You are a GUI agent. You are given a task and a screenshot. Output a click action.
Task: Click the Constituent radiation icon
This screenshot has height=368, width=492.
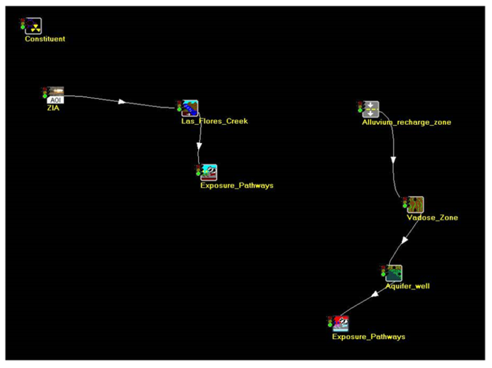(x=33, y=26)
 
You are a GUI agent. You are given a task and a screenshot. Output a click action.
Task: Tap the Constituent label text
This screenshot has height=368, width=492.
(x=45, y=39)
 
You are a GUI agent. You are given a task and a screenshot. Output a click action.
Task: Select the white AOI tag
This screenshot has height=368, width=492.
(x=56, y=100)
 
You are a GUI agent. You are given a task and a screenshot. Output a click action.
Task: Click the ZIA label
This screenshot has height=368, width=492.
(x=52, y=108)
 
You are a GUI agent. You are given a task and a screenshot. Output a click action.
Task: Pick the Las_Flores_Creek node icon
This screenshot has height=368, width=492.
(x=190, y=108)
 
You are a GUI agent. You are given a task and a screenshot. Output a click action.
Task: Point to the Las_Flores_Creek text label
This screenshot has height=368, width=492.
(x=215, y=121)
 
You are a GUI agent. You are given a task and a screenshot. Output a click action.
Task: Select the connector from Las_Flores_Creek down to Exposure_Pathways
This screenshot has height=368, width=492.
(x=199, y=141)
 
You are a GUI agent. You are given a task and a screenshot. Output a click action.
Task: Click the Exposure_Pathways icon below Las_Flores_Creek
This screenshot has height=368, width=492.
(x=209, y=172)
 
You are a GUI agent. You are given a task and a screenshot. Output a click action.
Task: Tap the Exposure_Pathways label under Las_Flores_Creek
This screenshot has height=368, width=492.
(x=237, y=186)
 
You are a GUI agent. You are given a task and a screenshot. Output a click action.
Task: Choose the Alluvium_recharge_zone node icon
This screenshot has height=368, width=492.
(x=371, y=109)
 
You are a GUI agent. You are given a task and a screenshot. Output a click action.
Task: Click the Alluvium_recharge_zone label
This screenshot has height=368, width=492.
(x=407, y=122)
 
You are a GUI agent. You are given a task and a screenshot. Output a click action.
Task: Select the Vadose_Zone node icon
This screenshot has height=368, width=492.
(x=415, y=204)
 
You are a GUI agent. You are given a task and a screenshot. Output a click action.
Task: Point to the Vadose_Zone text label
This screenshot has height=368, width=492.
(x=432, y=218)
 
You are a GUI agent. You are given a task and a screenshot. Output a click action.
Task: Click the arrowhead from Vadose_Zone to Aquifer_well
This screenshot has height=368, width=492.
(x=405, y=240)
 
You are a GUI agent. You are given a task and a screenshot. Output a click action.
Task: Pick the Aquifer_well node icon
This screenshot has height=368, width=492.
(x=394, y=273)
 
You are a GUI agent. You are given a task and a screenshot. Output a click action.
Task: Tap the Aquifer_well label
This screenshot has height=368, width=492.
(x=407, y=286)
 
